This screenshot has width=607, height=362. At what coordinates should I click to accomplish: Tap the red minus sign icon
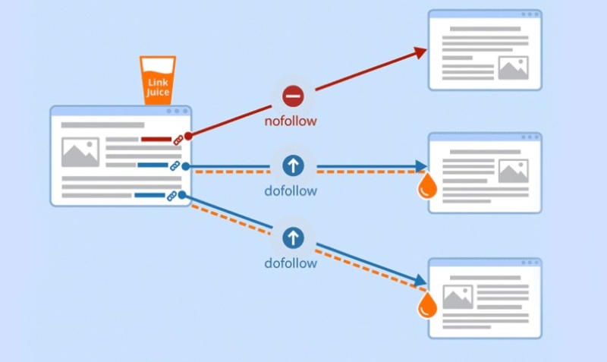293,96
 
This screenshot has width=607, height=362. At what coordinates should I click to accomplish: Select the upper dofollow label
291,191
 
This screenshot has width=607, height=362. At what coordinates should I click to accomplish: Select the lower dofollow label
291,263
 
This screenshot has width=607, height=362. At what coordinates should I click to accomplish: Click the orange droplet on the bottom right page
429,304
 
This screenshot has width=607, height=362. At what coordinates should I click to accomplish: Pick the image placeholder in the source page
80,153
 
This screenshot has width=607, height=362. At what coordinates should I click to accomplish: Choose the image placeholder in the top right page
513,68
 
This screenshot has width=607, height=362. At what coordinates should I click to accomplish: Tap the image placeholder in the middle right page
513,172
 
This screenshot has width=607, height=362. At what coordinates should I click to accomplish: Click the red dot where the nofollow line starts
187,136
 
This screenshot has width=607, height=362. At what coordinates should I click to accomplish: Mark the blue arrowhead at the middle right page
421,166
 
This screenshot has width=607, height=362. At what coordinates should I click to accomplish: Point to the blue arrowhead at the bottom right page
420,280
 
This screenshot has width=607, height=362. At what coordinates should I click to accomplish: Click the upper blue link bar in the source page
153,165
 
